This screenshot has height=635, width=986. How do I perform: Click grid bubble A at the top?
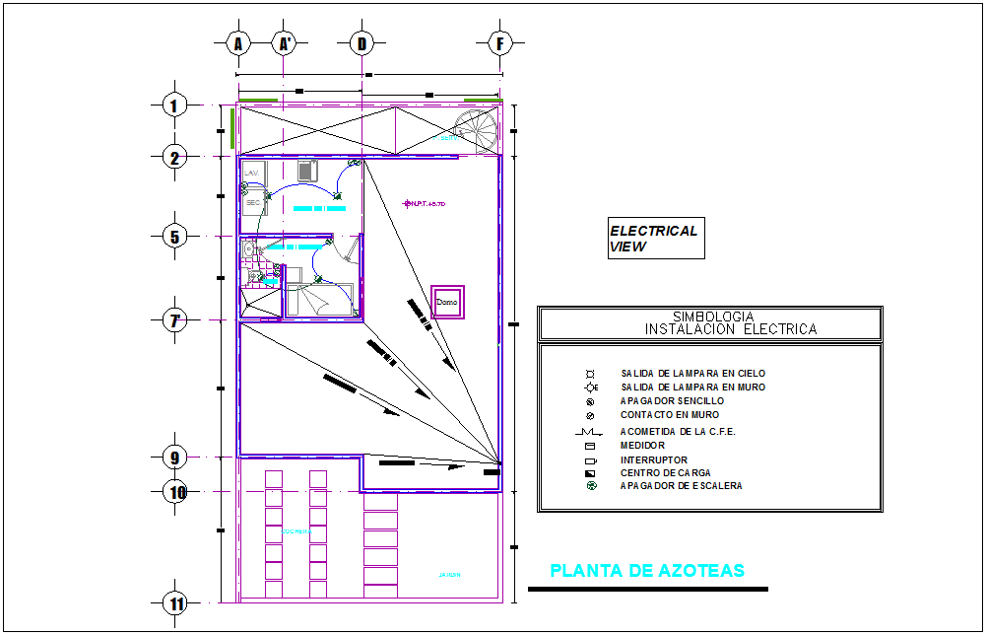[x=237, y=43]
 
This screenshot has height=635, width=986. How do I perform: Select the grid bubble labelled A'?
[x=285, y=43]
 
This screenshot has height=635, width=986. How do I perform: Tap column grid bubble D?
[x=362, y=43]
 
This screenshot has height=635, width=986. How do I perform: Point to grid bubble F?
[x=501, y=43]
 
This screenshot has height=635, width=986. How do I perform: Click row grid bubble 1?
[x=175, y=106]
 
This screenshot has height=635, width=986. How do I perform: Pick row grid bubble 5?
[x=175, y=236]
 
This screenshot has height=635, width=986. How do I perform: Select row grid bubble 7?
[x=175, y=320]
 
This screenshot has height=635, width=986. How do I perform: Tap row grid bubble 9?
[x=175, y=458]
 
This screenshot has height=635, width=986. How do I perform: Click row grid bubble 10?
[x=175, y=492]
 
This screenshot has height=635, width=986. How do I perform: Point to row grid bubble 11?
[x=175, y=603]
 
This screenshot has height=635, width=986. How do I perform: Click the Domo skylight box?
[x=449, y=303]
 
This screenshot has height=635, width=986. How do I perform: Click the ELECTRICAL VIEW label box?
[x=655, y=240]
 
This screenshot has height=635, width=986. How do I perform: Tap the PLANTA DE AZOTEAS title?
[x=646, y=571]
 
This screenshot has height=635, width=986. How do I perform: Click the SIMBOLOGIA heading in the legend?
[x=710, y=317]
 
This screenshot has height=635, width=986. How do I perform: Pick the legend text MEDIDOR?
[x=642, y=446]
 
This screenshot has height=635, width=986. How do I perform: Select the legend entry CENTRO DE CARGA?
[x=667, y=473]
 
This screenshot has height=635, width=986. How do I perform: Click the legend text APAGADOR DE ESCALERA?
[x=681, y=486]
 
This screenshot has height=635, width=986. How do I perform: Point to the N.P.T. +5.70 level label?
[x=427, y=204]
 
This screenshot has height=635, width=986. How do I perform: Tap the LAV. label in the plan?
[x=251, y=173]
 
